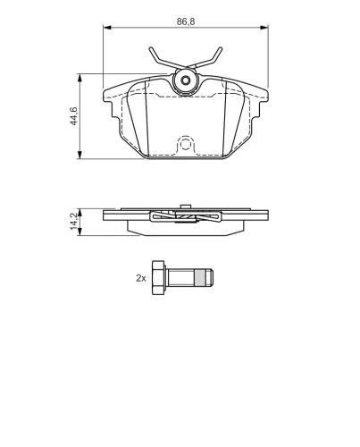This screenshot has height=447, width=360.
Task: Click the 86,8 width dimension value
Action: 186,21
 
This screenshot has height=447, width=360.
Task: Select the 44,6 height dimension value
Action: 73,116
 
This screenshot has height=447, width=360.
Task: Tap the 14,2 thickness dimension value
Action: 74,221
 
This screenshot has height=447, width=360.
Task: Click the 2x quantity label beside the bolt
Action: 141,278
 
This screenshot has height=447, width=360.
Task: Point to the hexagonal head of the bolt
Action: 158,278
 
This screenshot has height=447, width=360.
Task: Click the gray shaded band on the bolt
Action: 200,278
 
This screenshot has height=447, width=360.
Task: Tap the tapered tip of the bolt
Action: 209,278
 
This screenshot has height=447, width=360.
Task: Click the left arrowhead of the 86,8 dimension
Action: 107,28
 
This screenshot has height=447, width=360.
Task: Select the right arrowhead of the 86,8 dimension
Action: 264,28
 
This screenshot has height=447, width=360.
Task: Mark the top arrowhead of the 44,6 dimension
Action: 80,78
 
